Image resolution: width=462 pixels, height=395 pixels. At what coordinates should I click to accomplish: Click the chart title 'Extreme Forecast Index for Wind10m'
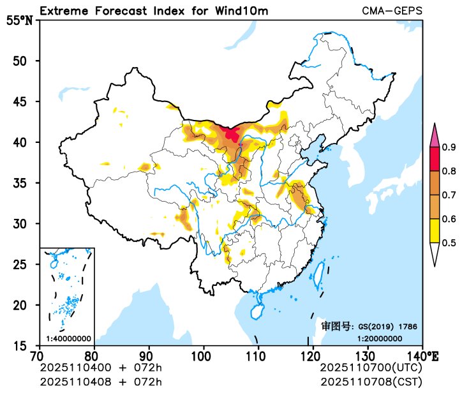tap(154, 11)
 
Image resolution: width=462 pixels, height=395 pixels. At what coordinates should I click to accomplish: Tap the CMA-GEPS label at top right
tap(392, 11)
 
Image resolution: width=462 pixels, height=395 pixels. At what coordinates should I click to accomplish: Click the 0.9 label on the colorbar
tap(449, 148)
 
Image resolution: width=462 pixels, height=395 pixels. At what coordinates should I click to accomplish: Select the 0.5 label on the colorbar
tap(449, 242)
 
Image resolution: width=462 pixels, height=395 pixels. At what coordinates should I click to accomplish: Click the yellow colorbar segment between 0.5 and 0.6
tap(435, 230)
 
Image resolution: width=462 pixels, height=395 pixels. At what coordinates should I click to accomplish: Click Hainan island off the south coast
tap(257, 311)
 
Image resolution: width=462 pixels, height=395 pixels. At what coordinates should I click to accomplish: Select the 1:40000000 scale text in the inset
tap(68, 338)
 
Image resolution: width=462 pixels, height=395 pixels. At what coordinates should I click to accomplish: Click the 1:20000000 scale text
tap(379, 338)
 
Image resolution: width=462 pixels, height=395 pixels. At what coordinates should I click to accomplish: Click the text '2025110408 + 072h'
tap(101, 382)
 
